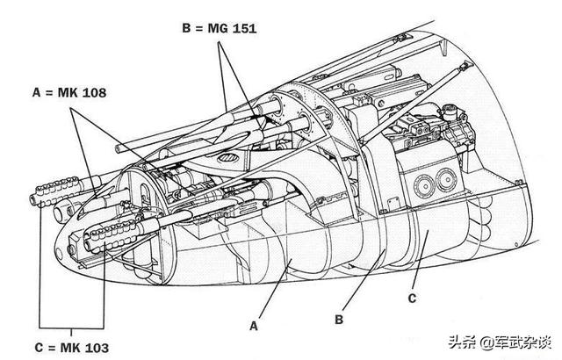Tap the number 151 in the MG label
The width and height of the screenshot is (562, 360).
coord(244,28)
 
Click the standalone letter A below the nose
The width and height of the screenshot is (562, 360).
coord(254,327)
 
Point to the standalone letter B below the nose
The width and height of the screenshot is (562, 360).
coord(339,319)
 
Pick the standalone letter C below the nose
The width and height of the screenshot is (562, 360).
coord(412,298)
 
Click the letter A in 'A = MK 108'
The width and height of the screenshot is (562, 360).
coord(37,93)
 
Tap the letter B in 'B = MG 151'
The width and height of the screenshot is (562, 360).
coord(186,28)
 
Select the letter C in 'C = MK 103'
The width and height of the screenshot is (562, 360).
coord(39,348)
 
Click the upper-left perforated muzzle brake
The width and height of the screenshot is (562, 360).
coord(54,191)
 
